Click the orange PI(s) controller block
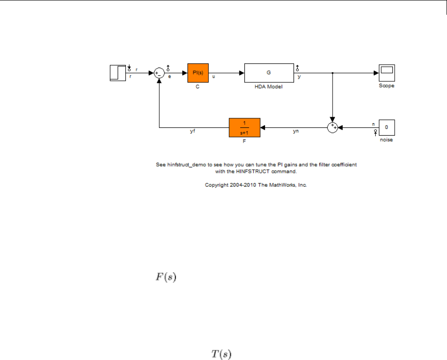[x=198, y=73]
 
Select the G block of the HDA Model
[x=269, y=73]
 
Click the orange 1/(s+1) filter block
[x=244, y=127]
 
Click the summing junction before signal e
[x=159, y=73]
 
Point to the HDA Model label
[x=269, y=86]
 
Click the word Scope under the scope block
[x=387, y=86]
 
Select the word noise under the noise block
[x=387, y=140]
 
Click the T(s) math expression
[x=221, y=354]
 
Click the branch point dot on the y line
[x=332, y=73]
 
